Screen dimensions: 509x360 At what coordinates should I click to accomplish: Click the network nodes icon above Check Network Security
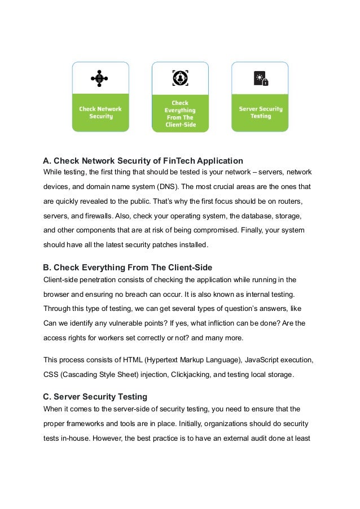pyautogui.click(x=100, y=78)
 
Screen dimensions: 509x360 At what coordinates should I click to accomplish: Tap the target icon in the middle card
pyautogui.click(x=180, y=77)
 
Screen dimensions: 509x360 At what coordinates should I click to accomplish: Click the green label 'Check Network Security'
pyautogui.click(x=100, y=112)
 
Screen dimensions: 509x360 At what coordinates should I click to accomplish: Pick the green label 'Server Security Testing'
pyautogui.click(x=260, y=112)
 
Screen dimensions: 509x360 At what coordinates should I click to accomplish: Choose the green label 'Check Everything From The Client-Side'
pyautogui.click(x=180, y=113)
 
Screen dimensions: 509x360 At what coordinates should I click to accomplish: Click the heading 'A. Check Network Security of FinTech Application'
pyautogui.click(x=143, y=160)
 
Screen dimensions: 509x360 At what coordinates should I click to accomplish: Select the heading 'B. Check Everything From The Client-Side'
pyautogui.click(x=128, y=267)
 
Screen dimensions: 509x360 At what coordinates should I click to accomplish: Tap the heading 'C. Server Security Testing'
pyautogui.click(x=95, y=396)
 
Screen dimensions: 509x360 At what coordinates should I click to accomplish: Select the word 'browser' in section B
pyautogui.click(x=58, y=293)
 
